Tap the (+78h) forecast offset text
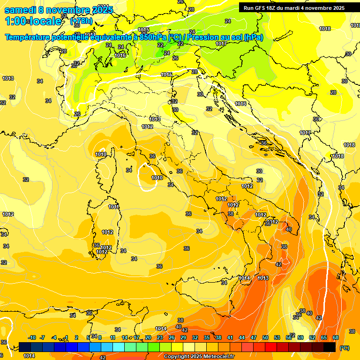tap(81, 21)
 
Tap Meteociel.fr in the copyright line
tap(215, 356)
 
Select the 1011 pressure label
tap(113, 207)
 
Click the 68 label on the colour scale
tap(336, 337)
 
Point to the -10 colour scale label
tap(32, 337)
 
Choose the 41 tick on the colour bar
tap(230, 337)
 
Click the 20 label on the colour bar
tap(148, 337)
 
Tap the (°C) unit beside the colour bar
tap(345, 348)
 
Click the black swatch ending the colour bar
tap(330, 347)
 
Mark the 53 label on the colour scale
tap(277, 337)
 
